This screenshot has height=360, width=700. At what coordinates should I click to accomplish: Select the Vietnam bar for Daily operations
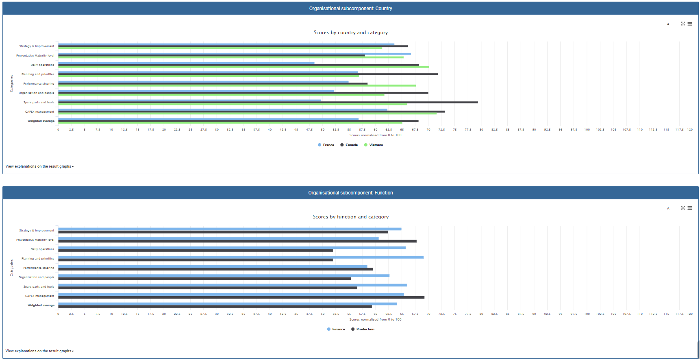244,67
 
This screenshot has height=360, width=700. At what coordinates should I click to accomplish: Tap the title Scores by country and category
350,33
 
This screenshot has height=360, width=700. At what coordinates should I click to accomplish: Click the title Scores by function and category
350,217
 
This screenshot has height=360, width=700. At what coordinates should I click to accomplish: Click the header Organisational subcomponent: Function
350,193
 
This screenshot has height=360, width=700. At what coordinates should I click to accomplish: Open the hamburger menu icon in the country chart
690,24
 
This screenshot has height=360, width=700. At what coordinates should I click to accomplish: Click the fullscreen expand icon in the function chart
683,208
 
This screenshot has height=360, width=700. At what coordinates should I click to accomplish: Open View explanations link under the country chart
39,166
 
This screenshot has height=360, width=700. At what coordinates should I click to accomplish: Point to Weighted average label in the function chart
41,305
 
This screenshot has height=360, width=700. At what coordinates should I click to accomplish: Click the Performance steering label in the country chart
39,83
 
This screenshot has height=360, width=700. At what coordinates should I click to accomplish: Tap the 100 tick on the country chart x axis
587,129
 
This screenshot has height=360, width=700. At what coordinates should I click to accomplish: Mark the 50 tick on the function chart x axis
323,314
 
